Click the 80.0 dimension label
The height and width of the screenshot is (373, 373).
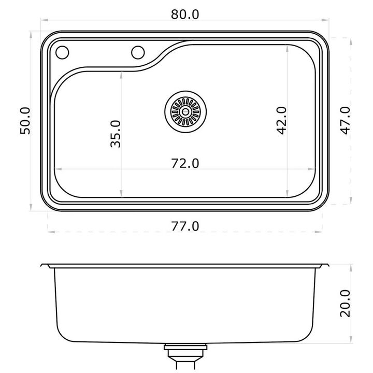pyautogui.click(x=185, y=15)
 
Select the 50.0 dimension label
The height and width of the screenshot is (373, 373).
pyautogui.click(x=25, y=121)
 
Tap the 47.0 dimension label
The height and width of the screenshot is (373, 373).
pyautogui.click(x=345, y=121)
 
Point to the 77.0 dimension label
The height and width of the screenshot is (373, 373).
pyautogui.click(x=185, y=226)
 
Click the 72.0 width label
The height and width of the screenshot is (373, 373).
pyautogui.click(x=185, y=163)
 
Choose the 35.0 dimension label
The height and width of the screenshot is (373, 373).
pyautogui.click(x=116, y=134)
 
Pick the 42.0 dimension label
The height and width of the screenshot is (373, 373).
pyautogui.click(x=282, y=121)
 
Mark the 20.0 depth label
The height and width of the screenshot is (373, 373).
pyautogui.click(x=345, y=303)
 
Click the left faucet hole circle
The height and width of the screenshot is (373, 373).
pyautogui.click(x=62, y=52)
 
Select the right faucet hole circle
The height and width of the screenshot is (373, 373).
pyautogui.click(x=138, y=52)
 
